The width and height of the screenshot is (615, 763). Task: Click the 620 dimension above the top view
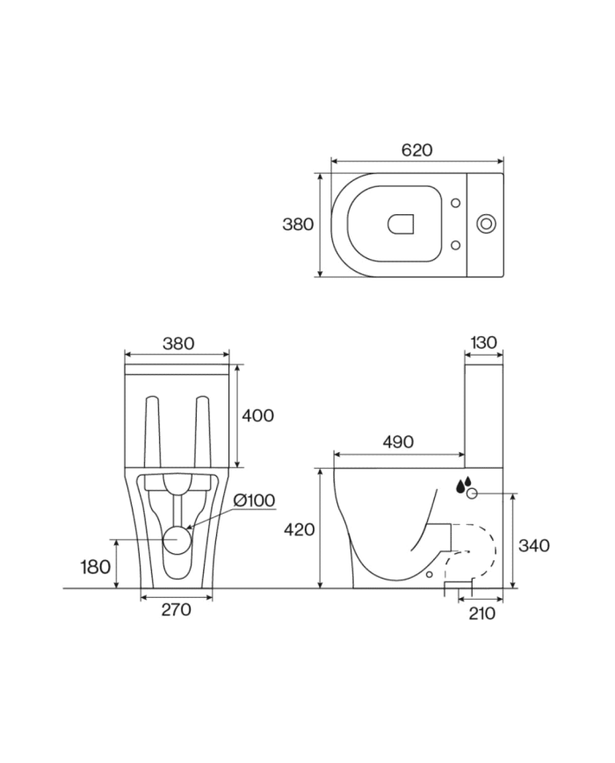pyautogui.click(x=416, y=150)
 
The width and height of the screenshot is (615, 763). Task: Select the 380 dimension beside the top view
pyautogui.click(x=298, y=224)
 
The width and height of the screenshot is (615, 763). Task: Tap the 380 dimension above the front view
pyautogui.click(x=177, y=343)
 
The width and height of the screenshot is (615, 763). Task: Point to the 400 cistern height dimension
pyautogui.click(x=257, y=415)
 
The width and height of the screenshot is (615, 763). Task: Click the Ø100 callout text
pyautogui.click(x=254, y=500)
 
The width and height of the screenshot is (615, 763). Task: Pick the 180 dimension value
pyautogui.click(x=95, y=566)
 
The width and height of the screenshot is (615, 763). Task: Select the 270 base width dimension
pyautogui.click(x=177, y=609)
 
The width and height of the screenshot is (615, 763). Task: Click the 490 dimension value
pyautogui.click(x=398, y=443)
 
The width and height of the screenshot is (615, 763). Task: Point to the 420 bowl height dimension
pyautogui.click(x=300, y=529)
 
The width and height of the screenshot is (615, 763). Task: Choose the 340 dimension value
pyautogui.click(x=534, y=545)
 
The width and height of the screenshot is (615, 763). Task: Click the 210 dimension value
pyautogui.click(x=481, y=613)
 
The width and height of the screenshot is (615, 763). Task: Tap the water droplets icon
pyautogui.click(x=464, y=483)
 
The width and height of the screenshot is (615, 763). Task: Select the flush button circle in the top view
pyautogui.click(x=486, y=224)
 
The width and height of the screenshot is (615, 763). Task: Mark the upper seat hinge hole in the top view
pyautogui.click(x=455, y=204)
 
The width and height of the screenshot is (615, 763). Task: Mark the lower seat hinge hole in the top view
pyautogui.click(x=455, y=244)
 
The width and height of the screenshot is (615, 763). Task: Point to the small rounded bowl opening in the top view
pyautogui.click(x=401, y=225)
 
